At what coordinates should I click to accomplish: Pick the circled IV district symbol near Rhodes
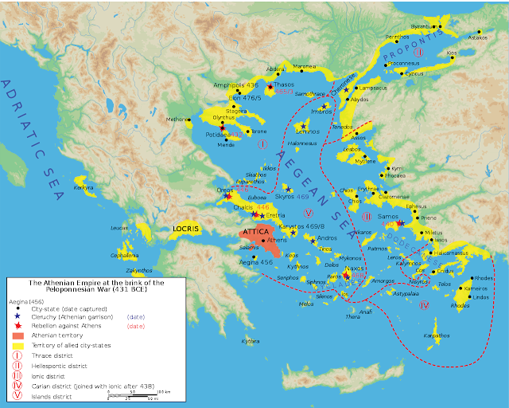click(x=424, y=305)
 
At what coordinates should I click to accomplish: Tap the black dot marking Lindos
click(x=472, y=300)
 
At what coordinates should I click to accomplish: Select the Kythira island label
click(x=228, y=341)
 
